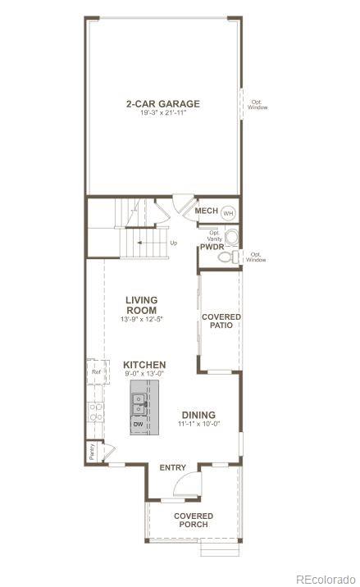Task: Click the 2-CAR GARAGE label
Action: coord(162,103)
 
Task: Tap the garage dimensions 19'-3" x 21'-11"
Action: coord(162,113)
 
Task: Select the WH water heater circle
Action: coord(229,212)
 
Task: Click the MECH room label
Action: coord(206,212)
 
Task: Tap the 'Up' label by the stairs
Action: coord(173,243)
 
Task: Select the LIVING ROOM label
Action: coord(141,305)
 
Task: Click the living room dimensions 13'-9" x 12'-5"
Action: coord(141,319)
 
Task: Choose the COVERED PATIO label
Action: coord(221,321)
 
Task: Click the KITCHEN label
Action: coord(145,365)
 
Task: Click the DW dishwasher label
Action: coord(139,424)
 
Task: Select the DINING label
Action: coord(199,415)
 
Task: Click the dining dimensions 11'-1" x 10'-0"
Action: coord(199,425)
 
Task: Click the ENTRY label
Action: coord(173,467)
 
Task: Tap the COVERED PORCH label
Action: coord(194,521)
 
